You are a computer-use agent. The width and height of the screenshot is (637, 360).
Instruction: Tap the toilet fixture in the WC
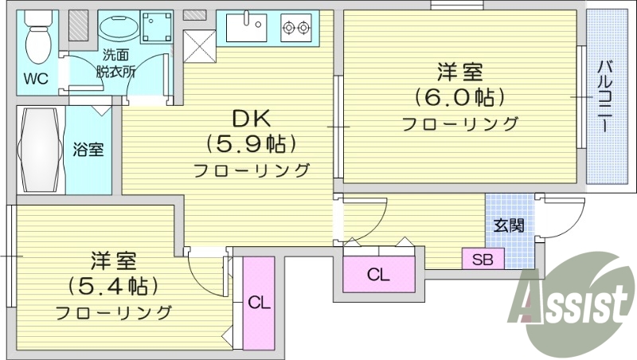(x=37, y=36)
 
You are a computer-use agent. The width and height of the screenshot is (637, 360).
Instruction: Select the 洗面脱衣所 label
(x=119, y=63)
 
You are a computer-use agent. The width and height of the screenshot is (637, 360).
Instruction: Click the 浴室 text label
(x=88, y=149)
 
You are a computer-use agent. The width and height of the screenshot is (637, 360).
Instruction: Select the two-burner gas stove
(x=295, y=29)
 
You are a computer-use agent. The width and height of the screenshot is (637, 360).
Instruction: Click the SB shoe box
(x=483, y=260)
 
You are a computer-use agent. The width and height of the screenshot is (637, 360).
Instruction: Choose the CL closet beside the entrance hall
(x=378, y=276)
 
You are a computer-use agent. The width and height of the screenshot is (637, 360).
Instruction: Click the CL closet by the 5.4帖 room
(x=258, y=303)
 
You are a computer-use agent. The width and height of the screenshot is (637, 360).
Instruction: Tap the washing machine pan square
(x=156, y=28)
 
